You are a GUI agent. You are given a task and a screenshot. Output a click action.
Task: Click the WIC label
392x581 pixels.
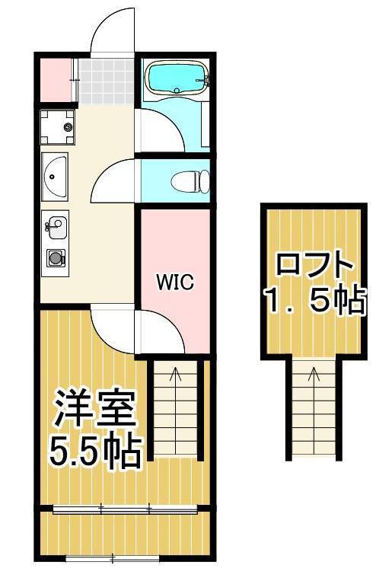(x=175, y=282)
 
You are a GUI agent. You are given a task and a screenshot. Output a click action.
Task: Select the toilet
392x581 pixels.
(x=190, y=182)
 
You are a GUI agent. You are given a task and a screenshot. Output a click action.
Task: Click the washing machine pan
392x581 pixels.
(x=59, y=127)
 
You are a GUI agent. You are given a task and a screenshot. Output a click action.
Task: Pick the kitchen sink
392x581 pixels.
(x=55, y=225)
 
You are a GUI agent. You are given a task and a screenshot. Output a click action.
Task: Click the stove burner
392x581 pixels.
(x=56, y=257)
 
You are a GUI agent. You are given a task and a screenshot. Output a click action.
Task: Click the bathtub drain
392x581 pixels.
(x=177, y=90)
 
